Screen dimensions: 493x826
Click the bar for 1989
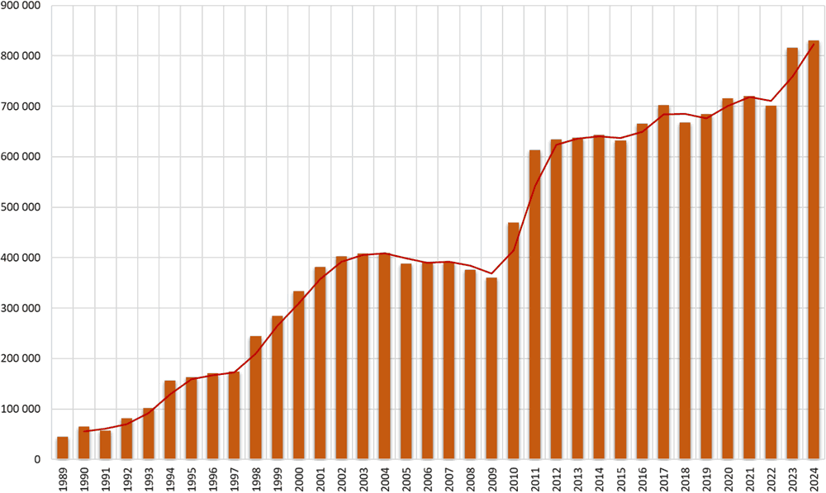(62, 448)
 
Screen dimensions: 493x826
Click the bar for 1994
(169, 420)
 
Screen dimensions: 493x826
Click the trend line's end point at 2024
(814, 44)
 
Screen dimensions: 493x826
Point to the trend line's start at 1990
(83, 431)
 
